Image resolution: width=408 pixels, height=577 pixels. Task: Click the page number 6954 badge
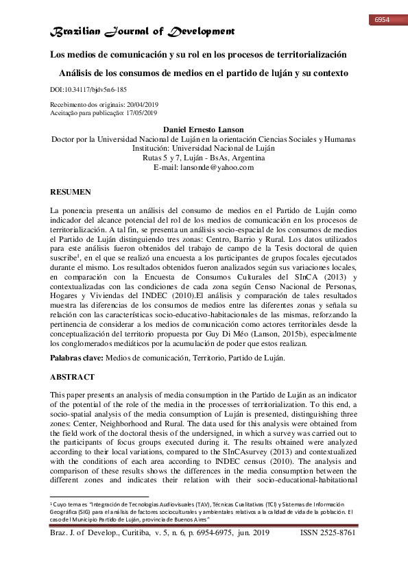click(x=382, y=19)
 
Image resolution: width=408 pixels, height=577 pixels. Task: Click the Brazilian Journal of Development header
click(x=143, y=32)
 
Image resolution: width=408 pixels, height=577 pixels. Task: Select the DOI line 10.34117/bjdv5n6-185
click(x=88, y=90)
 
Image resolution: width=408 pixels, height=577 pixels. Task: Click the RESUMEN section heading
click(x=71, y=193)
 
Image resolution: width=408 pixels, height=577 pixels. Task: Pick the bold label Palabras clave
click(x=76, y=358)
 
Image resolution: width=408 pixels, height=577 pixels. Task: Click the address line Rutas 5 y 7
click(x=204, y=158)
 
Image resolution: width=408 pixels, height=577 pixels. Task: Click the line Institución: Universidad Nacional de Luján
click(x=204, y=148)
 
